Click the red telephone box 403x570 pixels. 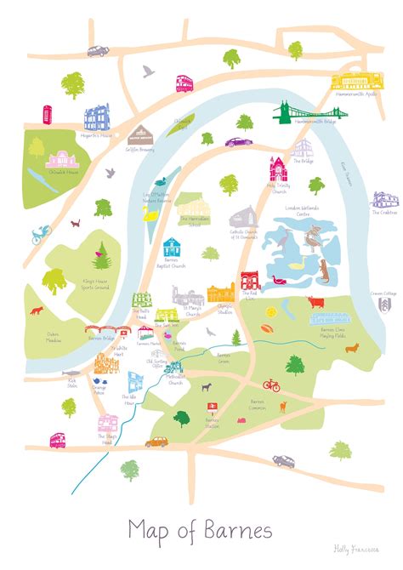[47, 112]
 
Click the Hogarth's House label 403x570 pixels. [95, 135]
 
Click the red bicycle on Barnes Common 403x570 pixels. [271, 385]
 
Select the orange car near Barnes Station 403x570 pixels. [158, 442]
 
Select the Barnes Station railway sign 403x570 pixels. [212, 408]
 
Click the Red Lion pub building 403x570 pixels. [250, 281]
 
